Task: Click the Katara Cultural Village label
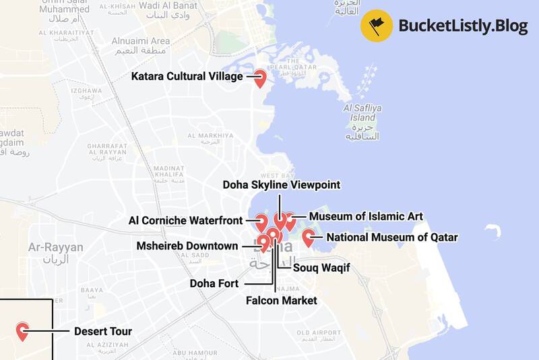(187, 77)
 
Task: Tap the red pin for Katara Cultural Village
(259, 78)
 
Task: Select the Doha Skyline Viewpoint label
(282, 185)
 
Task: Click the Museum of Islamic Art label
(366, 216)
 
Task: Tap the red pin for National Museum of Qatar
(309, 237)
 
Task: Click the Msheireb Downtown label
(187, 246)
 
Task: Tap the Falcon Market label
(281, 301)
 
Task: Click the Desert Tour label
(102, 332)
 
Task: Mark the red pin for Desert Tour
(22, 330)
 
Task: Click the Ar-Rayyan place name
(55, 248)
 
